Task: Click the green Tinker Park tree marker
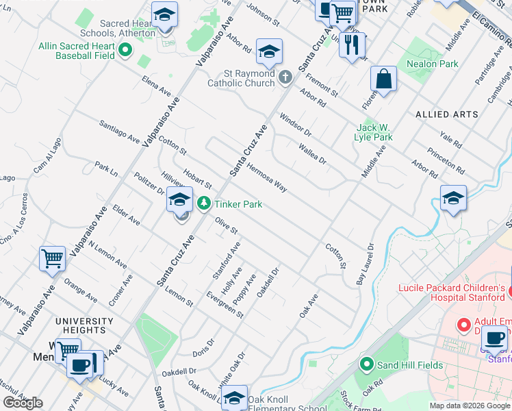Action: (x=204, y=203)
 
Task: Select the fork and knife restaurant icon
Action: (x=352, y=45)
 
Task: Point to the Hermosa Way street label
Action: (x=267, y=177)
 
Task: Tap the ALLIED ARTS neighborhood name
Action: (x=447, y=114)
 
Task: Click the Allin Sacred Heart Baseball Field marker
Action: (x=125, y=50)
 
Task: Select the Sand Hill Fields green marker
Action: (x=367, y=364)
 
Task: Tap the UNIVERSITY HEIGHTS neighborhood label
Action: (x=84, y=326)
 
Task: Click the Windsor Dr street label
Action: (x=295, y=124)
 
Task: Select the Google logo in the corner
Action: (x=23, y=403)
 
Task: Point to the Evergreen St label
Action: (x=225, y=305)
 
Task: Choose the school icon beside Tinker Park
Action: (x=179, y=199)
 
